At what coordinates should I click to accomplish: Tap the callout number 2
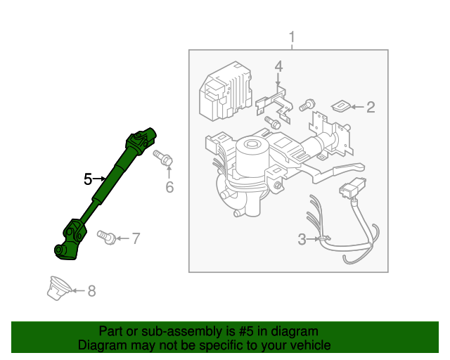pos(371,108)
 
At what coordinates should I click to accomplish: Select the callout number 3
pos(302,240)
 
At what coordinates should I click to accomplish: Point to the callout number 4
pos(278,67)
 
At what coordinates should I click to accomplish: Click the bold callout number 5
pos(88,179)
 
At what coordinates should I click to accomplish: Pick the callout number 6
pos(169,187)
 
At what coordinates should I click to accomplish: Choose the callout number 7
pos(136,238)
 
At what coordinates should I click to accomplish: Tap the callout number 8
pos(91,290)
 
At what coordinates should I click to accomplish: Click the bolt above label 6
pos(166,160)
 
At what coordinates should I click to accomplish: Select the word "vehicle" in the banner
pos(310,345)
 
